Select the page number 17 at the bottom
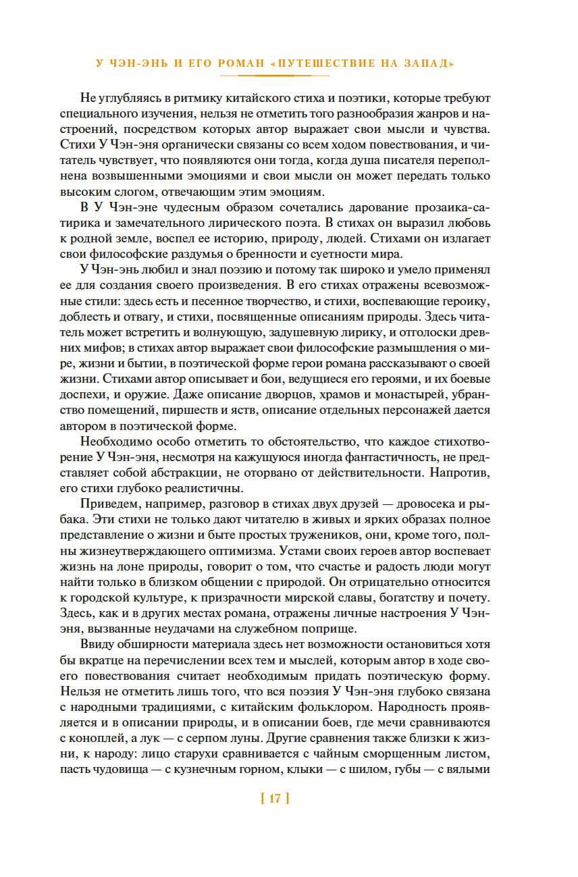(x=274, y=799)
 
